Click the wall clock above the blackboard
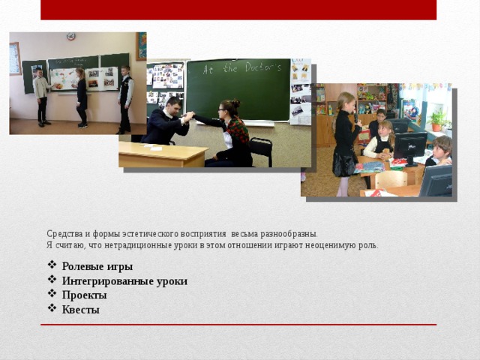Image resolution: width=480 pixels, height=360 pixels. coord(70,36)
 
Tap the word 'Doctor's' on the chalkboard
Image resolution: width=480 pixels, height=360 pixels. coord(257,67)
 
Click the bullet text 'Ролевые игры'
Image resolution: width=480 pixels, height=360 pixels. coord(97,266)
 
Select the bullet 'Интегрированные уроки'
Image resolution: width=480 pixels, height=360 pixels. coord(124,281)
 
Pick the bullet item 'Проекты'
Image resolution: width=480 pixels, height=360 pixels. coord(84,295)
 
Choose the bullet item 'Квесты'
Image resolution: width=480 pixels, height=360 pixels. coord(80,310)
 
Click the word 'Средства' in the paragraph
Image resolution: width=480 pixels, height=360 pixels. coord(62,234)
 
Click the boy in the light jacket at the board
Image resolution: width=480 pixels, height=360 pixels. coord(41,97)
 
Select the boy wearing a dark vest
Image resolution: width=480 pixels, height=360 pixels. coord(125,97)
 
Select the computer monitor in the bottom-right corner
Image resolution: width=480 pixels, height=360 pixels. coord(436,180)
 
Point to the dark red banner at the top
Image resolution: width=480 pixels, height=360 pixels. coord(238,10)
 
